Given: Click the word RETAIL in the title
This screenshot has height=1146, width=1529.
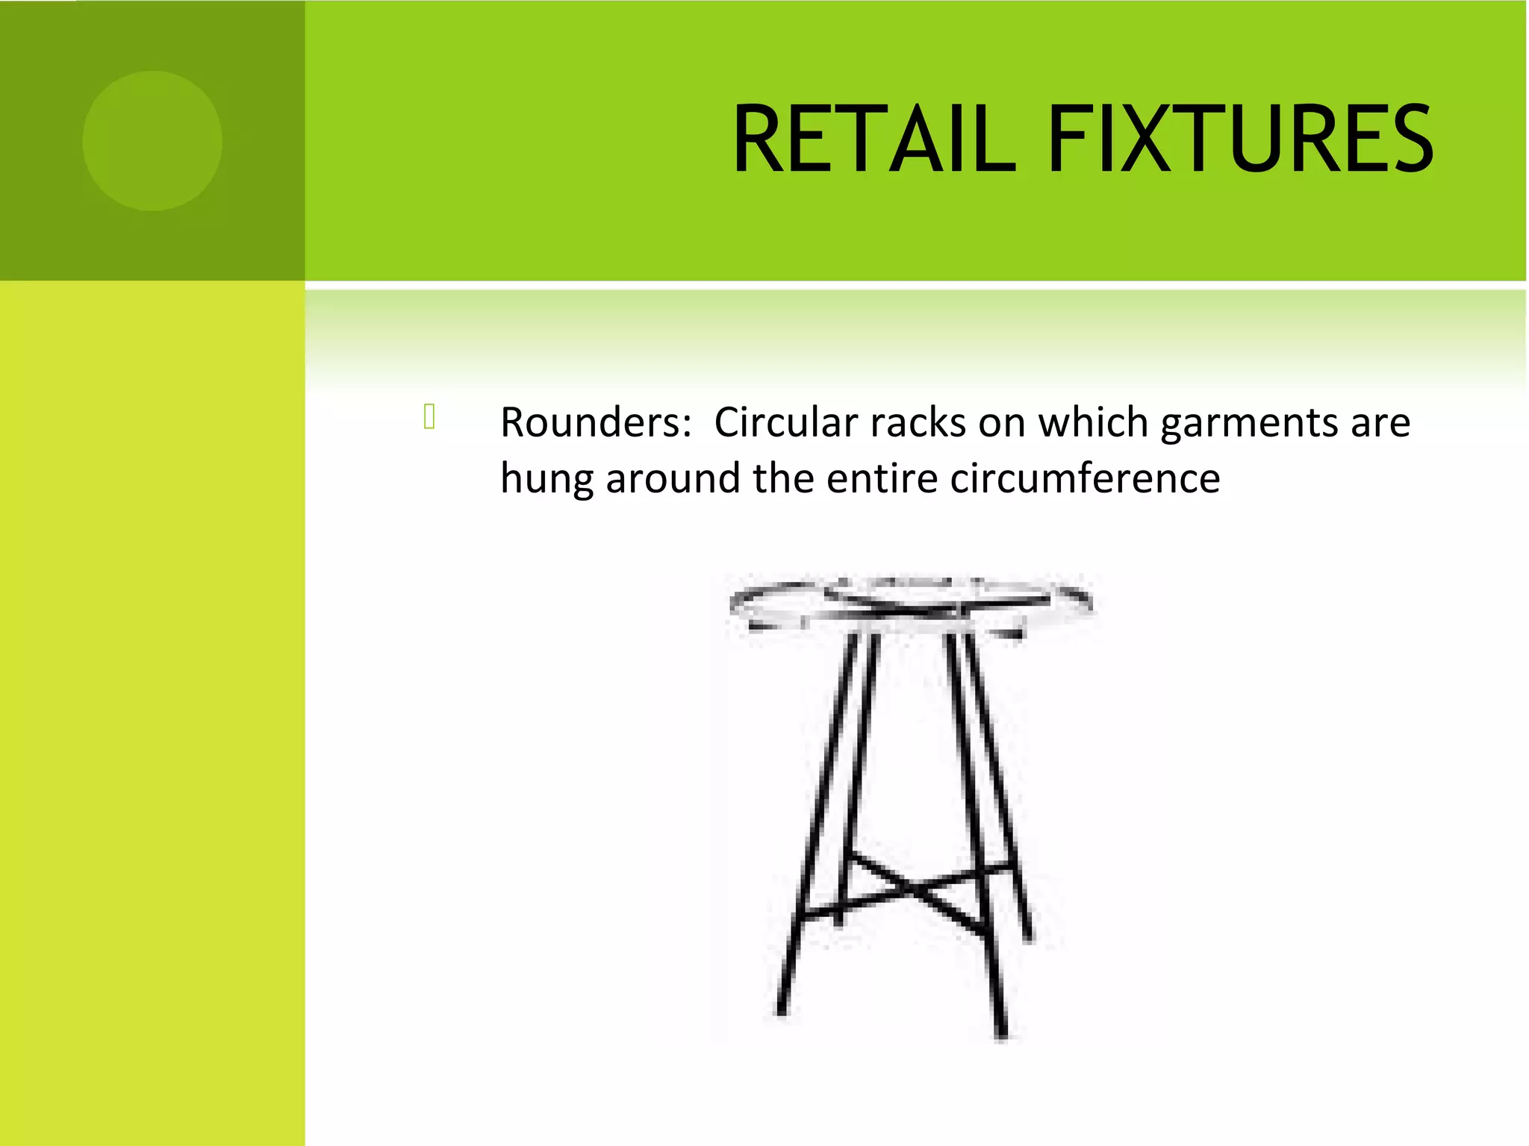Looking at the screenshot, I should (874, 140).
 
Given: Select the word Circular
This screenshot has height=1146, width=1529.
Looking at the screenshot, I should (785, 423).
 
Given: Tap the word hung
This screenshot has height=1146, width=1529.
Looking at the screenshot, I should (546, 480).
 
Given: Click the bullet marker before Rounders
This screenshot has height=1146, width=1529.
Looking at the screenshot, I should (429, 416).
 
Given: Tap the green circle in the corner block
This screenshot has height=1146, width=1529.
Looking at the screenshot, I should (152, 141).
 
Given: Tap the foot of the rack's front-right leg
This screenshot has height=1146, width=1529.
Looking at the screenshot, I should (1001, 1033).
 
